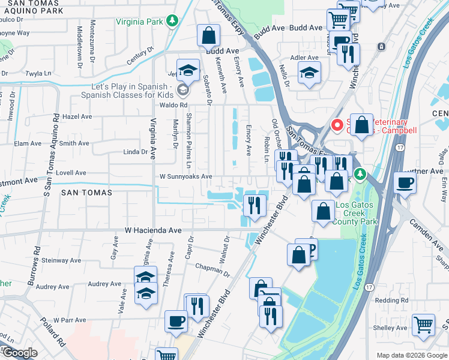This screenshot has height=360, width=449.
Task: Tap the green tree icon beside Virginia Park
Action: [173, 21]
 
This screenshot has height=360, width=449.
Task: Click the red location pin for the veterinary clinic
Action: [337, 126]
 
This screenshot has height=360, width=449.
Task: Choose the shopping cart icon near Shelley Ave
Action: [424, 325]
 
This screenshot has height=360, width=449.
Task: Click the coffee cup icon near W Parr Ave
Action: [176, 321]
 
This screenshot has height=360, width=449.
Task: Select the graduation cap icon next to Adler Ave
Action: [309, 73]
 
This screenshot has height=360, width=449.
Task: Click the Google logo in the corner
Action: [20, 353]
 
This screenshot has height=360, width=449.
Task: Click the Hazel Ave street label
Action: [77, 116]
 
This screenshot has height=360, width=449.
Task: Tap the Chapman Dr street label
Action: [212, 269]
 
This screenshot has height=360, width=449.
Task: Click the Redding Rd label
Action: [391, 300]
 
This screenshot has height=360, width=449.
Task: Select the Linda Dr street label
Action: [135, 152]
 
